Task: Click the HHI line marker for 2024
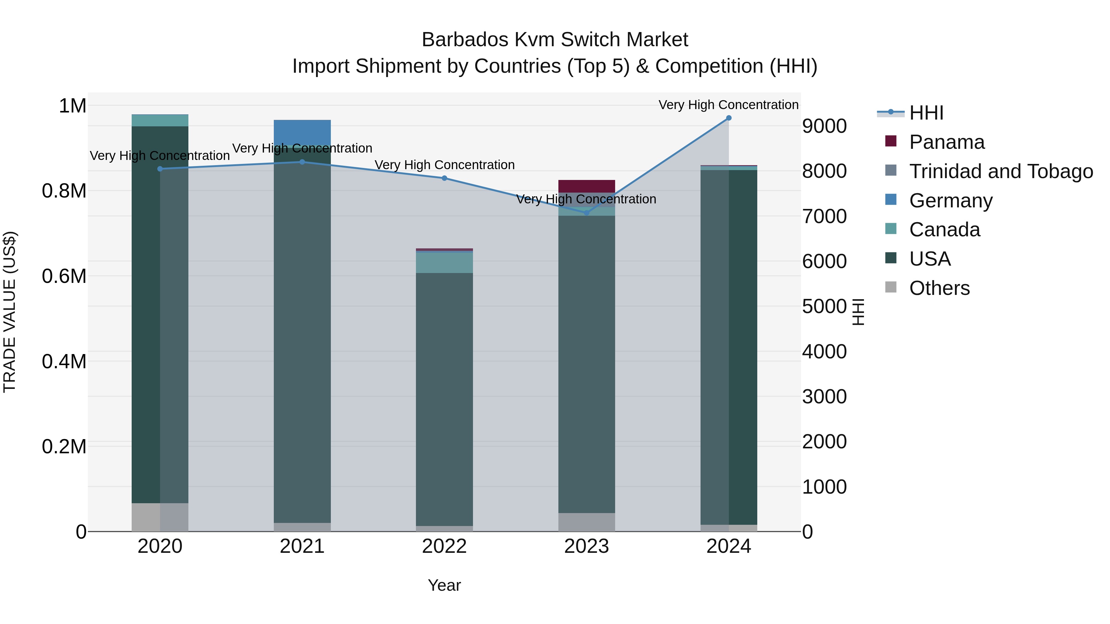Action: click(729, 118)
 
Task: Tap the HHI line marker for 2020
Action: click(160, 169)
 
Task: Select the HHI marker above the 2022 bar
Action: click(444, 178)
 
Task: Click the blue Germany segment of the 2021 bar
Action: click(302, 133)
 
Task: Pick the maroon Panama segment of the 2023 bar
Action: click(586, 186)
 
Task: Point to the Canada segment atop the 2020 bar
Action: click(160, 120)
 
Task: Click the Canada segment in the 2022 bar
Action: click(444, 263)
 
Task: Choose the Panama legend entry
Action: click(947, 142)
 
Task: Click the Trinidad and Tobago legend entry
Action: click(1001, 171)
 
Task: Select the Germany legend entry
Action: click(951, 201)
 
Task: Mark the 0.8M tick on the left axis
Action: click(64, 191)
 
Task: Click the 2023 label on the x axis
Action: click(586, 546)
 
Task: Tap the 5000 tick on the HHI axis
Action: click(824, 306)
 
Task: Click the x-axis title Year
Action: click(444, 585)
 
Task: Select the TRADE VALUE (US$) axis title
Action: click(10, 312)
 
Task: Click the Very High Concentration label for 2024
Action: click(728, 105)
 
